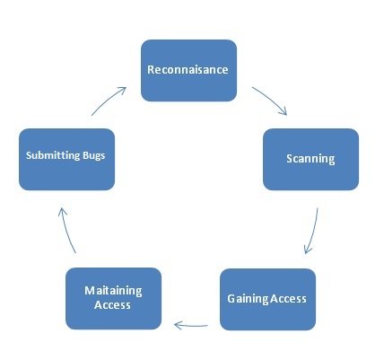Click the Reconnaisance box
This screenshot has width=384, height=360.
[x=188, y=70]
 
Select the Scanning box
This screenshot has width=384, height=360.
[x=310, y=159]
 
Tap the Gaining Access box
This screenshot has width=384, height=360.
[x=267, y=299]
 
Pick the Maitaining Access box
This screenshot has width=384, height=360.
[x=113, y=298]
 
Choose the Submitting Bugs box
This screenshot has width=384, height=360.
[x=66, y=159]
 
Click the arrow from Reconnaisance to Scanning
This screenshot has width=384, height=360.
[x=271, y=99]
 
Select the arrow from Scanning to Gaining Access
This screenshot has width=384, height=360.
[x=313, y=232]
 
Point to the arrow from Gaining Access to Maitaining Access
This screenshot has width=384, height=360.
[x=191, y=325]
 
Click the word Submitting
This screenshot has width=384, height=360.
[x=53, y=155]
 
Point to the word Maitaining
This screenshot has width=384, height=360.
[x=113, y=291]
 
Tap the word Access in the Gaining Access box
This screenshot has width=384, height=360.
[x=288, y=299]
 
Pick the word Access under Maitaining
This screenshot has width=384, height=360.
[x=112, y=305]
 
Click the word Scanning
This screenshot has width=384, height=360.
[x=310, y=159]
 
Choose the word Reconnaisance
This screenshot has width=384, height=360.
[x=188, y=69]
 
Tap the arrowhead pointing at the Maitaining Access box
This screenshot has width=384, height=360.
[x=179, y=325]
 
